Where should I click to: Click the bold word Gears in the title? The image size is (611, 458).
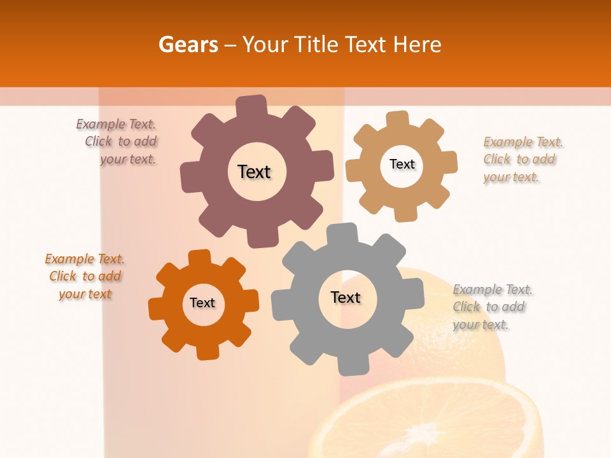(188, 45)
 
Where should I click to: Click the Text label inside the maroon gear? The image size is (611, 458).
(254, 172)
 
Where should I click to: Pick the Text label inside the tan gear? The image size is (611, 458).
(402, 164)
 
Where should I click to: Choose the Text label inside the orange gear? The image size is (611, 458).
(202, 303)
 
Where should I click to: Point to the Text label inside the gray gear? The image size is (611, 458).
(346, 297)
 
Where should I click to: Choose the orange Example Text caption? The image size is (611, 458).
(85, 276)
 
